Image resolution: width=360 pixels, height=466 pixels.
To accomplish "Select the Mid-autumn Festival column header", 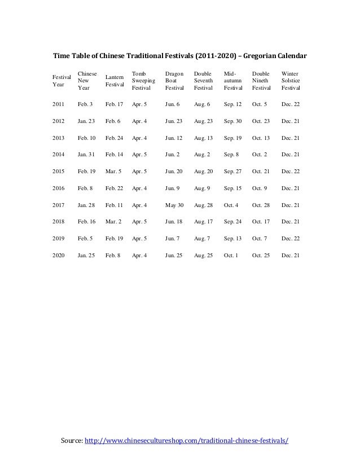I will pos(232,81).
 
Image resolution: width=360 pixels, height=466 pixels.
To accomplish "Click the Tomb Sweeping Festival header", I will pos(143,81).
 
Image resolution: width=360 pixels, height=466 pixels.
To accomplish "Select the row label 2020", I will pos(58,256).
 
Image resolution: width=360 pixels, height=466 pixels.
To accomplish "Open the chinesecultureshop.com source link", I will pos(186,439).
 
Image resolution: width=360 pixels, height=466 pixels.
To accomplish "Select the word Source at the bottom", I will pos(71,439).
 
